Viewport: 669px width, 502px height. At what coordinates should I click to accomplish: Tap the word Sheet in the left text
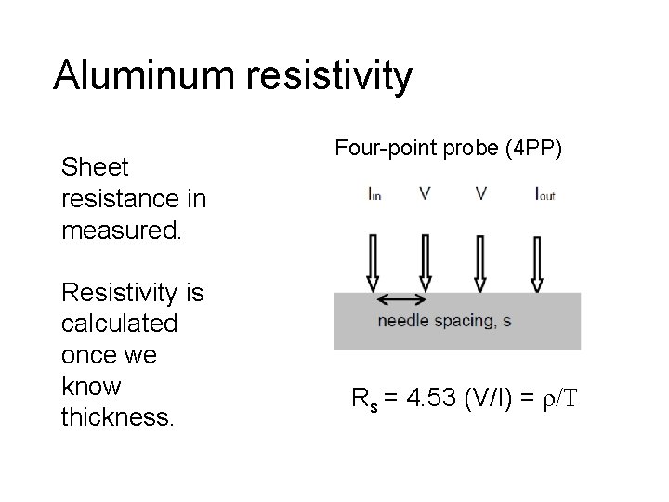pos(94,167)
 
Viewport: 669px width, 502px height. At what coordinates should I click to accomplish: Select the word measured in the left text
pos(121,229)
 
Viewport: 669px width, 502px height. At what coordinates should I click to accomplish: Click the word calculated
pos(118,324)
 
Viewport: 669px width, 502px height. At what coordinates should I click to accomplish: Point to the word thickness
pos(116,417)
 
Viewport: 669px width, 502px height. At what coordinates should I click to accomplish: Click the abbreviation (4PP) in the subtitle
pos(533,149)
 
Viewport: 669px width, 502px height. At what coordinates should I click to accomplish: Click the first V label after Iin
pos(426,194)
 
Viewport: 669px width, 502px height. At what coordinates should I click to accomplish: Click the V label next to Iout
pos(480,194)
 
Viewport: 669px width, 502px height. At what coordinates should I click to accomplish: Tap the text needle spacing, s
pos(443,322)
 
